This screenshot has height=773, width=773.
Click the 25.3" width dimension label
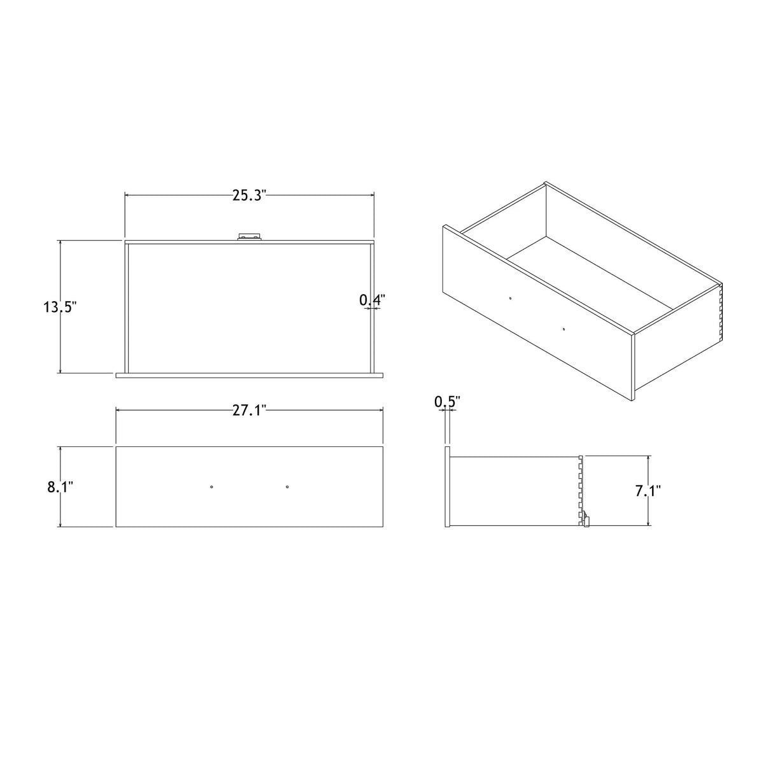coord(249,195)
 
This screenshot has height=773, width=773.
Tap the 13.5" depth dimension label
coord(60,307)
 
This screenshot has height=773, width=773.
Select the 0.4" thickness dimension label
coord(372,300)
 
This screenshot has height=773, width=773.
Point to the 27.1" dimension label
coord(249,410)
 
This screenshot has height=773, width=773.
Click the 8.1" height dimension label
coord(60,487)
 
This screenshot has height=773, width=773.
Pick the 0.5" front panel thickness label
coord(447,402)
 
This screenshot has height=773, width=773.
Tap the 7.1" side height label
coord(648,490)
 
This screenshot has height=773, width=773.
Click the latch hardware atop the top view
coord(250,236)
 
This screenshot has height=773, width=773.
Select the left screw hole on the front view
coord(211,487)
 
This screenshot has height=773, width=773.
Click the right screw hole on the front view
coord(287,487)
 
